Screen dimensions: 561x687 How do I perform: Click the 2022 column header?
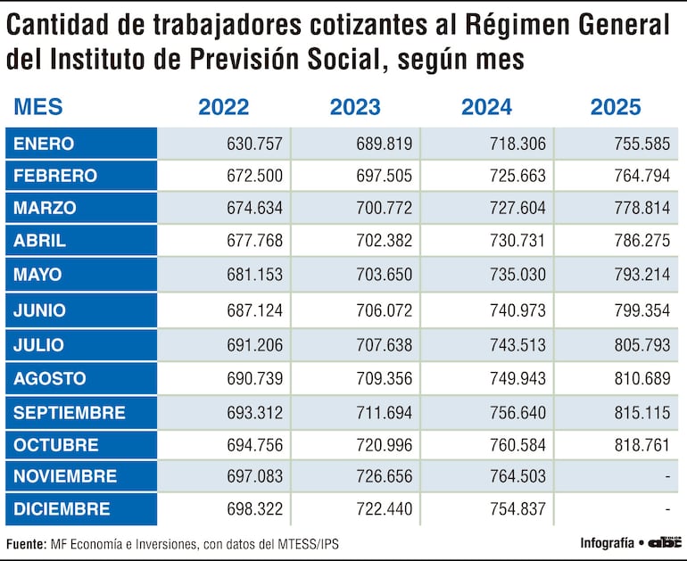pos(223,107)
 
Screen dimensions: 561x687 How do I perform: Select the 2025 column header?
pos(615,107)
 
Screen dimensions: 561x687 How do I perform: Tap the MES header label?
pos(37,107)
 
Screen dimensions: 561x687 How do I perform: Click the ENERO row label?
pos(44,144)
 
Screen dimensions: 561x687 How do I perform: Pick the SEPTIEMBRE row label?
pos(69,413)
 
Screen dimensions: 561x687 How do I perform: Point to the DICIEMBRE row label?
pos(62,509)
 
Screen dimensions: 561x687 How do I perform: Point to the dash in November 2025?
pos(666,477)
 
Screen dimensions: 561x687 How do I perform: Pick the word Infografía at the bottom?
pos(607,542)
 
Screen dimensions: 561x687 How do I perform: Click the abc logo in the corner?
pos(665,541)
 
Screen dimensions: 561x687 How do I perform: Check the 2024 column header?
pos(486,107)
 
